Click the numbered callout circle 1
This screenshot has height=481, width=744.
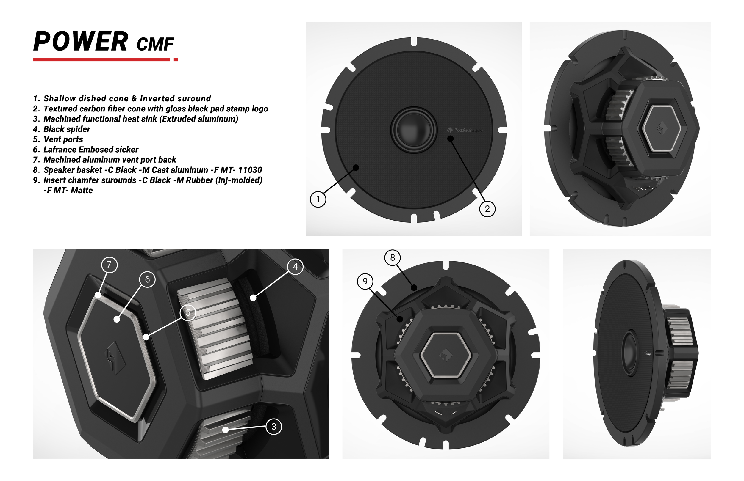(x=318, y=199)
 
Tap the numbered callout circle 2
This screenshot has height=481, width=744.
(x=487, y=209)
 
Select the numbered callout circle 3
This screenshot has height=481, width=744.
(x=274, y=427)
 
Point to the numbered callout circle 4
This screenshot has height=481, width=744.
(x=296, y=266)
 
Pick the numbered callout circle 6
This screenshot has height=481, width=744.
(x=148, y=279)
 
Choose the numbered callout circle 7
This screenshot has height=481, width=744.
(x=110, y=265)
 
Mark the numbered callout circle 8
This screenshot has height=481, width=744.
(x=393, y=258)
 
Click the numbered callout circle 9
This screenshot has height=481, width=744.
(x=365, y=282)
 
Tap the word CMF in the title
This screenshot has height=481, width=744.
(x=155, y=44)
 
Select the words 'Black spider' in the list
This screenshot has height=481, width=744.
(x=67, y=129)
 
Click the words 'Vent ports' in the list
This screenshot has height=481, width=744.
(x=63, y=139)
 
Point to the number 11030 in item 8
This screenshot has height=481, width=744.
(x=250, y=170)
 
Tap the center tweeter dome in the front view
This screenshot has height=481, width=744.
(x=413, y=130)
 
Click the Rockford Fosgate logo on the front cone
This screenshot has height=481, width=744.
(x=464, y=130)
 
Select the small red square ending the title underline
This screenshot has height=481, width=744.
(x=176, y=59)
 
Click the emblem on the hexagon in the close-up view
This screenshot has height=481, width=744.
(x=115, y=358)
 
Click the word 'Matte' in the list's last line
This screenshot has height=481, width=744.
(x=82, y=191)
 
